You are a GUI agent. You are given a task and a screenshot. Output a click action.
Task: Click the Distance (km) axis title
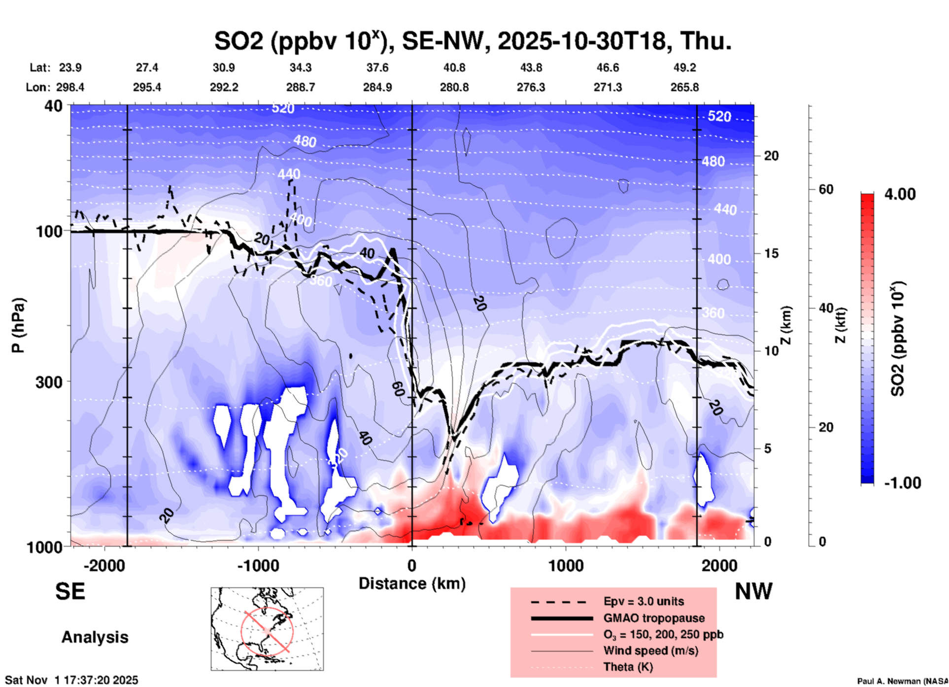(412, 584)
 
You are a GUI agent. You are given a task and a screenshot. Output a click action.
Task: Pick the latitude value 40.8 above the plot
(454, 68)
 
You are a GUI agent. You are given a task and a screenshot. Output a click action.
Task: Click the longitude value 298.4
(70, 87)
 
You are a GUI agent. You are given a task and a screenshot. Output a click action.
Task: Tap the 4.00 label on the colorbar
(900, 194)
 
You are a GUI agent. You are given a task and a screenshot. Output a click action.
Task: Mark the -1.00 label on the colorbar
(902, 483)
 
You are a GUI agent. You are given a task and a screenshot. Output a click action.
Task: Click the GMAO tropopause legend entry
(653, 618)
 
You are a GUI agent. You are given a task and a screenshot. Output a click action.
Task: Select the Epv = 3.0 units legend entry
(643, 602)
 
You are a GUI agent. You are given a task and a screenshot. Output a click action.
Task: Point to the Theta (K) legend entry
(628, 667)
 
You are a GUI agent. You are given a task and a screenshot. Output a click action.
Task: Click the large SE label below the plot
(70, 591)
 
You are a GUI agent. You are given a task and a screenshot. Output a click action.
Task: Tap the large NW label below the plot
(753, 591)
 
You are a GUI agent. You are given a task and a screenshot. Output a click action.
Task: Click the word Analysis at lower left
(95, 637)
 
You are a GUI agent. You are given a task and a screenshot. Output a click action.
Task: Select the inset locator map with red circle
(267, 629)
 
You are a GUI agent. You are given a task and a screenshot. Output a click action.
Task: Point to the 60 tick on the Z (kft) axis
(825, 190)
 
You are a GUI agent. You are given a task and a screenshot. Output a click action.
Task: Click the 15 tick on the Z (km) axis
(771, 253)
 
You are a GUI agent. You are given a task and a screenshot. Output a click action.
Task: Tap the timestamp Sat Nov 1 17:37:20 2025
(72, 680)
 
